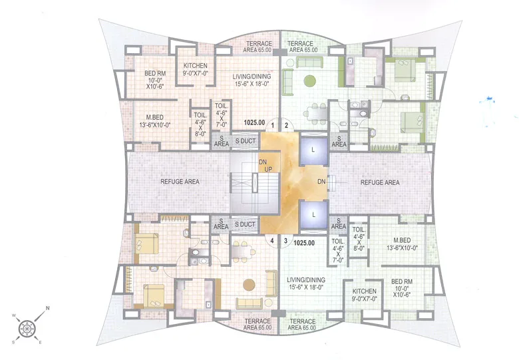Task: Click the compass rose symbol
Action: click(27, 327)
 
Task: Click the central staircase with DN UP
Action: click(245, 182)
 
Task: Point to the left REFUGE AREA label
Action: click(180, 182)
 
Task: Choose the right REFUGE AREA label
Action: click(380, 182)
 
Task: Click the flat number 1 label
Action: click(273, 125)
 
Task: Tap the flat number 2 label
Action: click(287, 125)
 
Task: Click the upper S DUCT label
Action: click(244, 142)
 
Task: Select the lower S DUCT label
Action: click(244, 225)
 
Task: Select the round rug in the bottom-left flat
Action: click(250, 282)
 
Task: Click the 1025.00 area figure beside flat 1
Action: click(254, 122)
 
